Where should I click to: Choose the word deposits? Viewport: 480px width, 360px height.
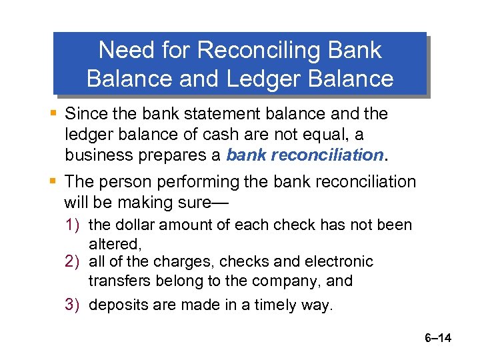tap(116, 305)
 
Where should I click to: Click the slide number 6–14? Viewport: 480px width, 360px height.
tap(437, 339)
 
